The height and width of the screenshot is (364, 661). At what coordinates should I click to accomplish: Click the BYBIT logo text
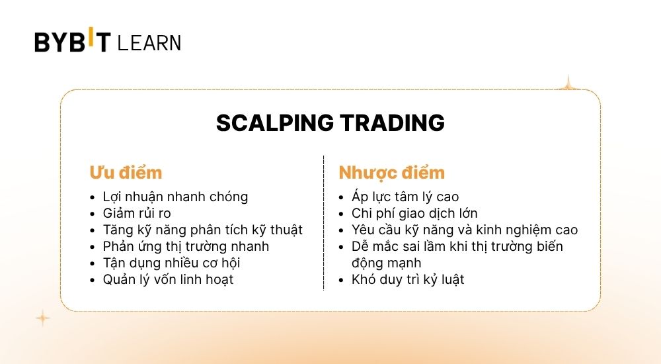pos(73,42)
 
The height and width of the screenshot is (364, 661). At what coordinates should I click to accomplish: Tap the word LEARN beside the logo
pos(149,44)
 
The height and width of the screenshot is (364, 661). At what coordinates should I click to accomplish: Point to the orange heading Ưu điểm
pos(126,173)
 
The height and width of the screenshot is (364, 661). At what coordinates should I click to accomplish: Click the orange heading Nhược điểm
pos(391,173)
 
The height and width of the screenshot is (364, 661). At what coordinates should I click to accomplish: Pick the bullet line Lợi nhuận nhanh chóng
pos(175,197)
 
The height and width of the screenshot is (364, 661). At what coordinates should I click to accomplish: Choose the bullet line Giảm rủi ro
pos(137,213)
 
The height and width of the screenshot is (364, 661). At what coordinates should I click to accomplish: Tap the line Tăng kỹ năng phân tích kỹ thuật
pos(202,230)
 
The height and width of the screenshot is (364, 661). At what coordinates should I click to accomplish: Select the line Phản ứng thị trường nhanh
pos(186,246)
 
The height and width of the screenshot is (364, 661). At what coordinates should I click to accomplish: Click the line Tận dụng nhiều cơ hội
pos(171,263)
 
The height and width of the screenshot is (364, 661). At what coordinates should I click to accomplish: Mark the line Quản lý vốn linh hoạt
pos(168,279)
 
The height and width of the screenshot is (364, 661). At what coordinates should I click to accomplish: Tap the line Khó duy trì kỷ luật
pos(408,279)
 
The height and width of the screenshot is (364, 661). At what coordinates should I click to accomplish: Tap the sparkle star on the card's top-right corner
pos(566,84)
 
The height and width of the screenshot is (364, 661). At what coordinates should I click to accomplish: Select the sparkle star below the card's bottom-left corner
pos(42,318)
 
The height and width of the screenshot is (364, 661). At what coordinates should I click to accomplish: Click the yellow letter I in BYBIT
pos(91,39)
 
